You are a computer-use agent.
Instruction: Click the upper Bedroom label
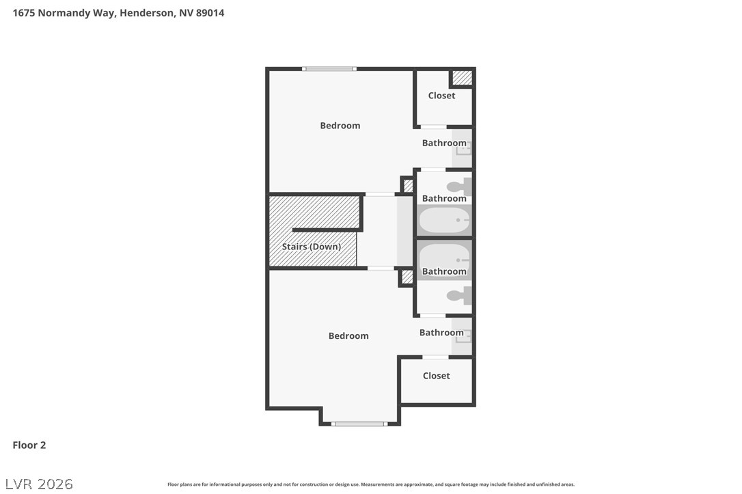[x=340, y=126]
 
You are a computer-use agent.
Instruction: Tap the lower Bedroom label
[x=348, y=335]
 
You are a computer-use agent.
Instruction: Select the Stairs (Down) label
[x=311, y=247]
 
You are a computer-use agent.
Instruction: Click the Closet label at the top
[x=441, y=96]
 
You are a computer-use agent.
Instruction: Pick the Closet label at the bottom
[x=436, y=376]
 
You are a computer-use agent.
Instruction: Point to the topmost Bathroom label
[x=444, y=143]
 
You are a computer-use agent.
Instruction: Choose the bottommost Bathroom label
[x=441, y=333]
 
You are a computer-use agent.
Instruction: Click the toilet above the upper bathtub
[x=458, y=186]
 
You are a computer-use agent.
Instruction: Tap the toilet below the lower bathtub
[x=458, y=296]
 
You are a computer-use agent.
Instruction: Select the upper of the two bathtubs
[x=444, y=221]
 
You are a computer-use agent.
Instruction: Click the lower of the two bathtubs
[x=444, y=258]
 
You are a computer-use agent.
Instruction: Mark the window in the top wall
[x=329, y=68]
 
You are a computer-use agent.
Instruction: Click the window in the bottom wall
[x=359, y=424]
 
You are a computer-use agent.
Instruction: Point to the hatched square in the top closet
[x=463, y=78]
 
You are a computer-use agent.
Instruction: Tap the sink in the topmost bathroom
[x=463, y=148]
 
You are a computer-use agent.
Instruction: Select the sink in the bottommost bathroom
[x=463, y=335]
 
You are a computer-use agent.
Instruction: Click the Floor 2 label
[x=29, y=445]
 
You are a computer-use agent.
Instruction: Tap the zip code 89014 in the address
[x=210, y=13]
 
